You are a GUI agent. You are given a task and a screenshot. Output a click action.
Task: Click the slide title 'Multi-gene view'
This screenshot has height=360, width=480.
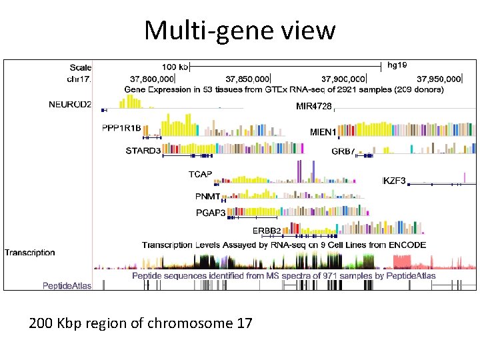point(240,30)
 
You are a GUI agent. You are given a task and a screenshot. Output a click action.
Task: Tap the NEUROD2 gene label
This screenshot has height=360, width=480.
point(70,105)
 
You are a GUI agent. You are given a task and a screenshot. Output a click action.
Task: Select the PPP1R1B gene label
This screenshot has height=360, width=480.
point(121,128)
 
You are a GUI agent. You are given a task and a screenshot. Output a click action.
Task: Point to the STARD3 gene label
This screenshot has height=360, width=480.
point(143,151)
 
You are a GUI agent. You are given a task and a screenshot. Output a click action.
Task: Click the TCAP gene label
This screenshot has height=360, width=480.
point(200,175)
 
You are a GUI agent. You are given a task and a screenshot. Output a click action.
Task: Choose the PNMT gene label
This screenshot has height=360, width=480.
point(207,197)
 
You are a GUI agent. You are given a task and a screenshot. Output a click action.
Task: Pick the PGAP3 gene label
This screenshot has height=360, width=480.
point(211,213)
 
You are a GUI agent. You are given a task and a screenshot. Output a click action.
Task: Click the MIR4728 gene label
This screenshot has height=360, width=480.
point(313,105)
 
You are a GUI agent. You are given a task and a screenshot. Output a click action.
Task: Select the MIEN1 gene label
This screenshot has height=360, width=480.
point(323,132)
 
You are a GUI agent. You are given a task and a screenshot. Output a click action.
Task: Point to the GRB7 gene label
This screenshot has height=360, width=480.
point(343,151)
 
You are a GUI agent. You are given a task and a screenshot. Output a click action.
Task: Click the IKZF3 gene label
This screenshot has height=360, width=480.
point(394,181)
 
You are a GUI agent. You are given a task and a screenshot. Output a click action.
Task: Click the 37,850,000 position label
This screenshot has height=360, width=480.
point(247,78)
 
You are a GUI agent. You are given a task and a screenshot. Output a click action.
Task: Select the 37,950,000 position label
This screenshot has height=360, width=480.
point(437,78)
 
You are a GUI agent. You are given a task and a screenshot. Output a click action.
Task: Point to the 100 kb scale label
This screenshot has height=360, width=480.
point(175,67)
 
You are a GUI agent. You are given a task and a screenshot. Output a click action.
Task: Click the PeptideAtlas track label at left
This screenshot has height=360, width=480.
point(67,286)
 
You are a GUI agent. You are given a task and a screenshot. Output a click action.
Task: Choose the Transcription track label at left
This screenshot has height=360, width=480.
point(30,253)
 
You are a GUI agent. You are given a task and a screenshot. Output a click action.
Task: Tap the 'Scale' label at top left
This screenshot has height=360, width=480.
point(81,67)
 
